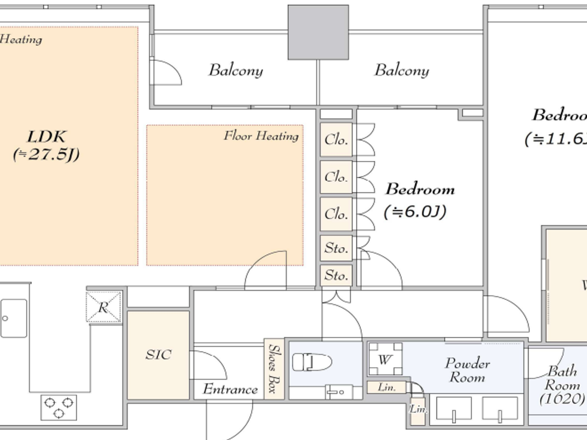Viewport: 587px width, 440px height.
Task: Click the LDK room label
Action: coord(46,137)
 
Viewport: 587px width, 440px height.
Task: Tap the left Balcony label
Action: coord(236,70)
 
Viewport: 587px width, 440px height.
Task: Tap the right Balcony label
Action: coord(401,70)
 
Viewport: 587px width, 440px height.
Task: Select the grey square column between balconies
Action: coord(318,32)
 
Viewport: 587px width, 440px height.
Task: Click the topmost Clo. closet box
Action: coord(336,140)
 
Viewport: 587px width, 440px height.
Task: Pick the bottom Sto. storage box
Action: coord(336,275)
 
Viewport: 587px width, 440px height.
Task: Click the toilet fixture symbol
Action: coord(312,362)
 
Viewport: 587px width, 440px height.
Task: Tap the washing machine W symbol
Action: coord(385,359)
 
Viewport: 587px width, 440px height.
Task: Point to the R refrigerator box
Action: coord(104,308)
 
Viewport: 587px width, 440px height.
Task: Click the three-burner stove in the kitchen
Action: coord(59,407)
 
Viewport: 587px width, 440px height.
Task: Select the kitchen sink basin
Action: coord(13,318)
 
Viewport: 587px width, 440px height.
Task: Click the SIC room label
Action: coord(158,355)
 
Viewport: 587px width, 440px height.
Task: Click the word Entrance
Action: coord(230,389)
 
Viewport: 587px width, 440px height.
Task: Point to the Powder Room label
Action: coord(467,370)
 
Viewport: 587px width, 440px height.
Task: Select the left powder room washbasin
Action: coord(454,408)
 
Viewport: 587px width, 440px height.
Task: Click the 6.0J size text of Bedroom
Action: coord(415,212)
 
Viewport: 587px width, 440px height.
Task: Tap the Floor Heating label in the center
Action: coord(261,136)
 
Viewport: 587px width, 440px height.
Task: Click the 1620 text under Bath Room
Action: coord(562,398)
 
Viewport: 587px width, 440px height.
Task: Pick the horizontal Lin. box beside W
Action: coord(386,387)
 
